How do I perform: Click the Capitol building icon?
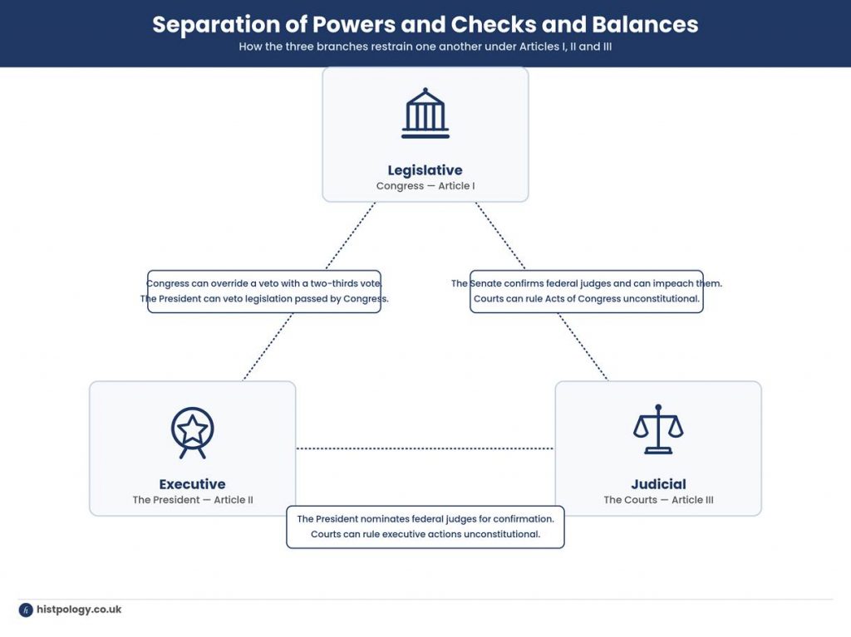tap(425, 113)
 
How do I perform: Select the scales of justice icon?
tap(658, 429)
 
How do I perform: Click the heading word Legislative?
tap(425, 169)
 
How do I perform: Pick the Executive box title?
tap(192, 484)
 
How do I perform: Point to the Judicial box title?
tap(658, 484)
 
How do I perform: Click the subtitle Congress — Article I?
tap(425, 185)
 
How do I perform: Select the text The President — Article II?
tap(193, 500)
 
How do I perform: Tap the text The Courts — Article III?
tap(658, 500)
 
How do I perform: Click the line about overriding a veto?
tap(263, 283)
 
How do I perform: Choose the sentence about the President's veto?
tap(264, 298)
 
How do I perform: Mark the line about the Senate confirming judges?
tap(587, 283)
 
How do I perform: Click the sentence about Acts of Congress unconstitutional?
tap(587, 298)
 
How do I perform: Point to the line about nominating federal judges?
tap(425, 519)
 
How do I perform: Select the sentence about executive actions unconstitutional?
tap(425, 534)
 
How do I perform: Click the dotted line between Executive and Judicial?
tap(425, 448)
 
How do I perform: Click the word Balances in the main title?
tap(645, 24)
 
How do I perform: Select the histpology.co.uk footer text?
tap(79, 610)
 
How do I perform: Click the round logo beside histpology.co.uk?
tap(26, 610)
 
